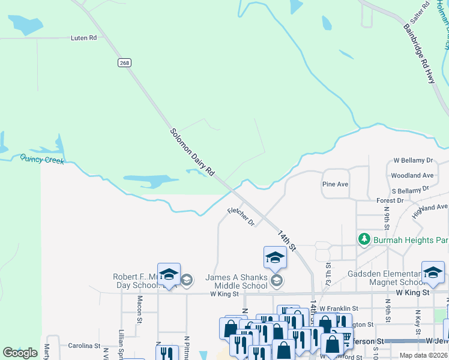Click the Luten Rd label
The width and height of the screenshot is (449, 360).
tap(84, 38)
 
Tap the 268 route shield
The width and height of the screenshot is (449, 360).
tap(124, 63)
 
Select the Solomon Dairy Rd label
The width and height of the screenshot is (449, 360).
tap(192, 152)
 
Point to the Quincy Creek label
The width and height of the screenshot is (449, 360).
tap(41, 159)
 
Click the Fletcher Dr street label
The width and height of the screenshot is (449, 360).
tap(241, 217)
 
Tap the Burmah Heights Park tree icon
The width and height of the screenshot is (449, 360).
tap(364, 239)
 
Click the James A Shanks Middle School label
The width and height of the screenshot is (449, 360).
tap(237, 281)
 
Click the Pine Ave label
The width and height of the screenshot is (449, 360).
tap(335, 184)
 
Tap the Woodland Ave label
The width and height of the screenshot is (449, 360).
tap(412, 176)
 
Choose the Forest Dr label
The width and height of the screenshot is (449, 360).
tap(388, 200)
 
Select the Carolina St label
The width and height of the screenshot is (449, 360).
tap(83, 346)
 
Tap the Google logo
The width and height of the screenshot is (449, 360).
tap(20, 353)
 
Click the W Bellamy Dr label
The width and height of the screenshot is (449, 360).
tap(413, 160)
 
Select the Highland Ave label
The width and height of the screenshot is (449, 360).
tap(430, 211)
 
